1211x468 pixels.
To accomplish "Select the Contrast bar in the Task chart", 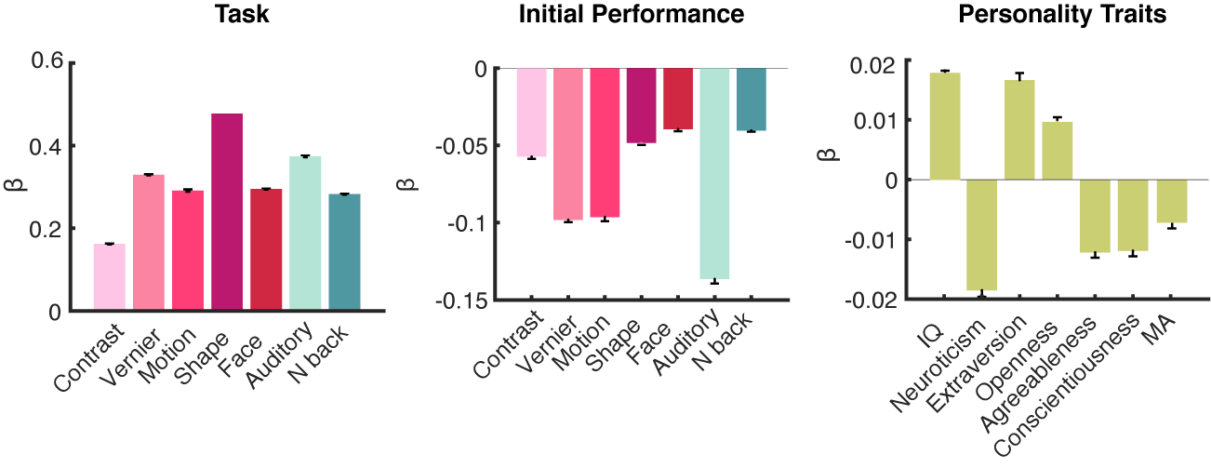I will click(110, 276).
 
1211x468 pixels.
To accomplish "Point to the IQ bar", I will click(945, 126).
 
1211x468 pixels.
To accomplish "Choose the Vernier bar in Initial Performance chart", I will click(568, 144).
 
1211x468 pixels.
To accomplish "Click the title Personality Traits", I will click(1056, 15).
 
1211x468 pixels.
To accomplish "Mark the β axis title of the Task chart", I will click(20, 186).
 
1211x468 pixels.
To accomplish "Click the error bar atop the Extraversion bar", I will click(1020, 76).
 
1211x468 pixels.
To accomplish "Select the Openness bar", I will click(1058, 150).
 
